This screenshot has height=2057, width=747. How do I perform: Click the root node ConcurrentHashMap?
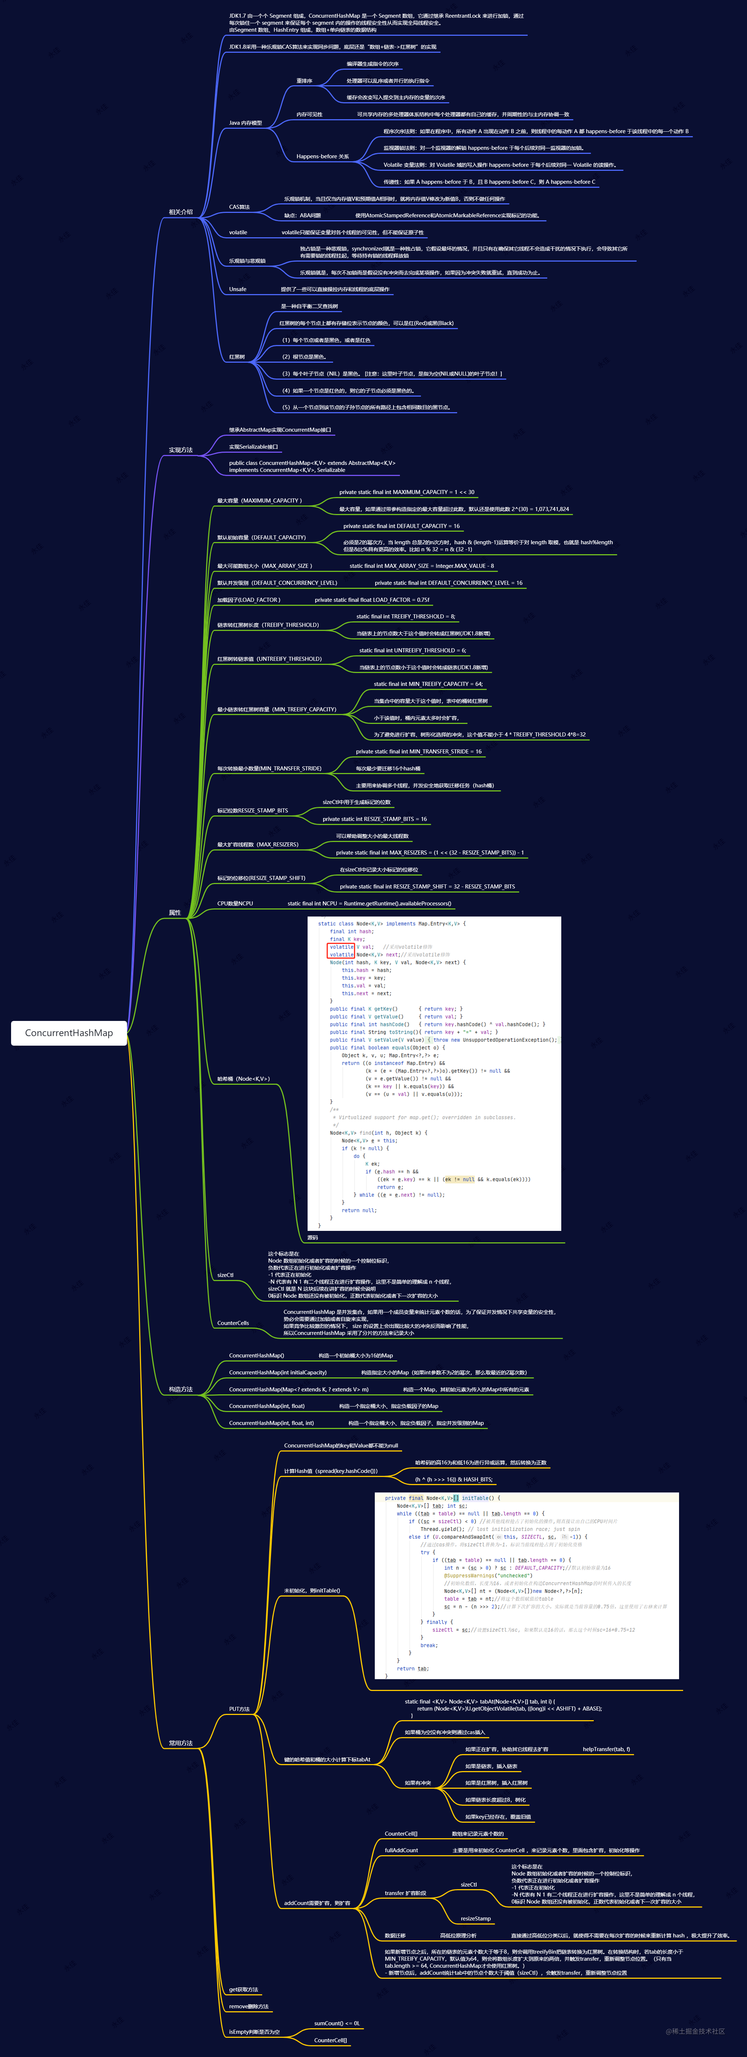coord(69,1032)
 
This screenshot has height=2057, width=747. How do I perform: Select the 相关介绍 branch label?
coord(181,213)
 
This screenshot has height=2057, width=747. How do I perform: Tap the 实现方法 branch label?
coord(181,449)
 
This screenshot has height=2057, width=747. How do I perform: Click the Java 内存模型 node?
coord(245,123)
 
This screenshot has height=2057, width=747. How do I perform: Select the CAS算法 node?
coord(239,207)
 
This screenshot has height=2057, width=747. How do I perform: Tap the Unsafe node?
coord(237,289)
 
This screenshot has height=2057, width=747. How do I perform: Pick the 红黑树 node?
coord(236,357)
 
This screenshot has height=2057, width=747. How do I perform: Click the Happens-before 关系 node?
coord(322,156)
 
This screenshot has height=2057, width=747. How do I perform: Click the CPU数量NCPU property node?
coord(235,903)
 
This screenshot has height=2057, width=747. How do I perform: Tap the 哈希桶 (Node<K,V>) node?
coord(243,1079)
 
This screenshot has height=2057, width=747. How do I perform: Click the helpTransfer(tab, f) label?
coord(606,1749)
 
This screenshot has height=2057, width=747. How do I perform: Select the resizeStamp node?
coord(475,1918)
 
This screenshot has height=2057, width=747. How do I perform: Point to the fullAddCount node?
coord(401,1850)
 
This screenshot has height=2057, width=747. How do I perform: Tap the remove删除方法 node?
coord(249,2006)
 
